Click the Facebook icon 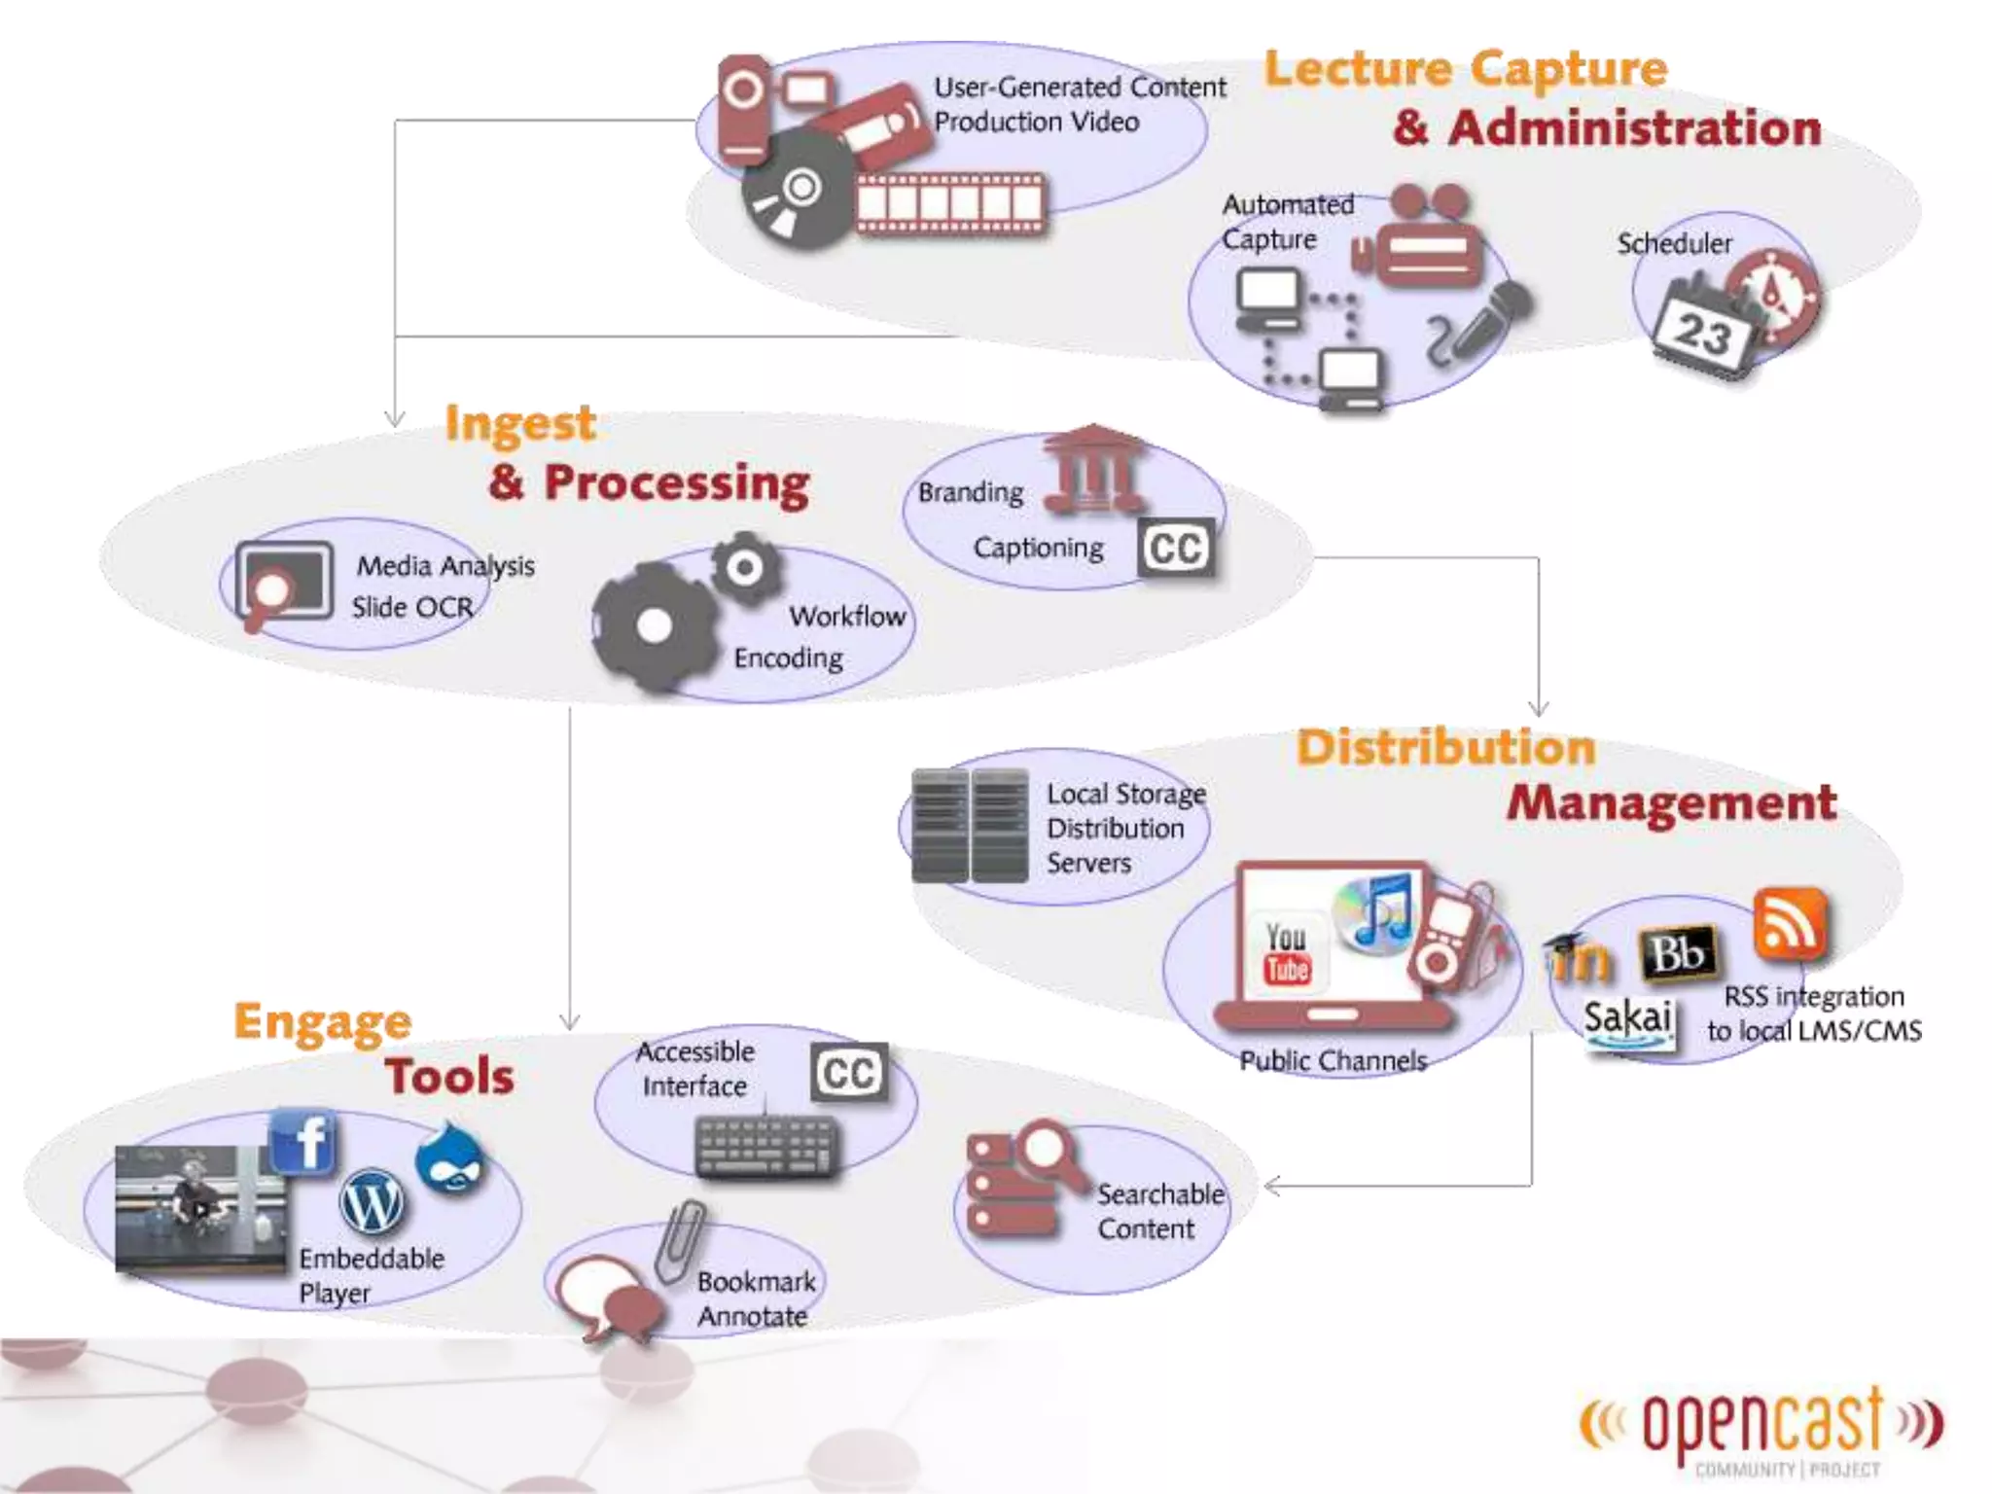(x=304, y=1142)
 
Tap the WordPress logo (x=372, y=1202)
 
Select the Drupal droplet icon (x=449, y=1157)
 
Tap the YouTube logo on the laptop (x=1287, y=953)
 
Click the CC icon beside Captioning (x=1176, y=549)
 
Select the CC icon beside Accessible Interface (x=849, y=1073)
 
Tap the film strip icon (x=951, y=204)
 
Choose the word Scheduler (x=1674, y=243)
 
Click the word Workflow (x=847, y=616)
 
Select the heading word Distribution (x=1446, y=747)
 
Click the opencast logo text (x=1762, y=1424)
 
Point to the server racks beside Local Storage (x=970, y=825)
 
